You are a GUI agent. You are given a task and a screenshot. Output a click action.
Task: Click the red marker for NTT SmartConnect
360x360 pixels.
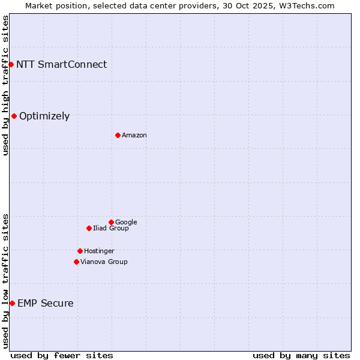tap(11, 64)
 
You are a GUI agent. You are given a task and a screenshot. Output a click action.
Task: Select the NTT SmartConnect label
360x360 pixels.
tap(61, 65)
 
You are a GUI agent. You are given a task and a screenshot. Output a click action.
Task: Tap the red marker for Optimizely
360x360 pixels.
tap(14, 116)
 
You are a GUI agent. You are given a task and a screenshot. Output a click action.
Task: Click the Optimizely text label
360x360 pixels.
tap(44, 116)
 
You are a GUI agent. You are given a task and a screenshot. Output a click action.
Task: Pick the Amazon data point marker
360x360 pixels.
tap(118, 135)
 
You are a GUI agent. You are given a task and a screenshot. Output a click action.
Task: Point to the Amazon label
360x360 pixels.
tap(134, 136)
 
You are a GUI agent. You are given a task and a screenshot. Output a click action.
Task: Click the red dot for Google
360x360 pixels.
tap(111, 222)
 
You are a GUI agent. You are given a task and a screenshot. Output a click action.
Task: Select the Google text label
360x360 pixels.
tap(126, 223)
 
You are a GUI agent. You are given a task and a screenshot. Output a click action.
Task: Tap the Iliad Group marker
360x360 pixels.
tap(89, 228)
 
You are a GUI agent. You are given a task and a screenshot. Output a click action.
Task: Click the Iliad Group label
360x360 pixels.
tap(110, 229)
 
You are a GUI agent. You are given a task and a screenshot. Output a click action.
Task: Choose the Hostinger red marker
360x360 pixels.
tap(80, 251)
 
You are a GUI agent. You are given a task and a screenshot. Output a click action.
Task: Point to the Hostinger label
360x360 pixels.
tap(99, 251)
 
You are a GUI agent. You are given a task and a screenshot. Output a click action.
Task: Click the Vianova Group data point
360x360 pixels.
tap(76, 262)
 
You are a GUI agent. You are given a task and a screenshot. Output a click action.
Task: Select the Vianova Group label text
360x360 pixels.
tap(104, 262)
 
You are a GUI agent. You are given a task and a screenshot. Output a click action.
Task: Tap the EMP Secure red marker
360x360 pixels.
tap(12, 303)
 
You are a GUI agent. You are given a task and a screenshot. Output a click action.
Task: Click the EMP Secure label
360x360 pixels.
tap(46, 304)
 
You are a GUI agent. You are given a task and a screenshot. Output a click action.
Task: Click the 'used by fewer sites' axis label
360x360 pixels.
tap(62, 355)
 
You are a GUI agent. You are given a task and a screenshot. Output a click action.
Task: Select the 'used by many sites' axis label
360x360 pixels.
tap(301, 355)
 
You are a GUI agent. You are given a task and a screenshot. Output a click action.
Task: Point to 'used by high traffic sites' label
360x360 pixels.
tap(5, 85)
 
